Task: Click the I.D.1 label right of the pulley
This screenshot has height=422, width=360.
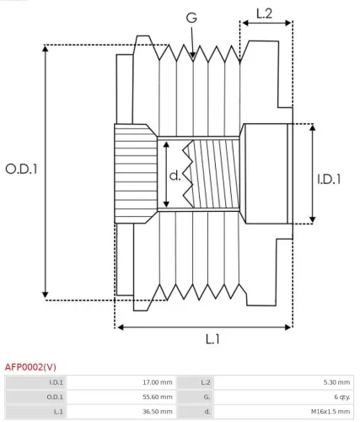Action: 329,178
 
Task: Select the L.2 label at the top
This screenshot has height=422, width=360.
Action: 264,13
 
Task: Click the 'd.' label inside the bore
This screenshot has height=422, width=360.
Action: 175,176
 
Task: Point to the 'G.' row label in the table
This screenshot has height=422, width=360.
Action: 206,397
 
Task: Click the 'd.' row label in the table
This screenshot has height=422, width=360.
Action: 207,411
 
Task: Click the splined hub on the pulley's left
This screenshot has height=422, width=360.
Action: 135,175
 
